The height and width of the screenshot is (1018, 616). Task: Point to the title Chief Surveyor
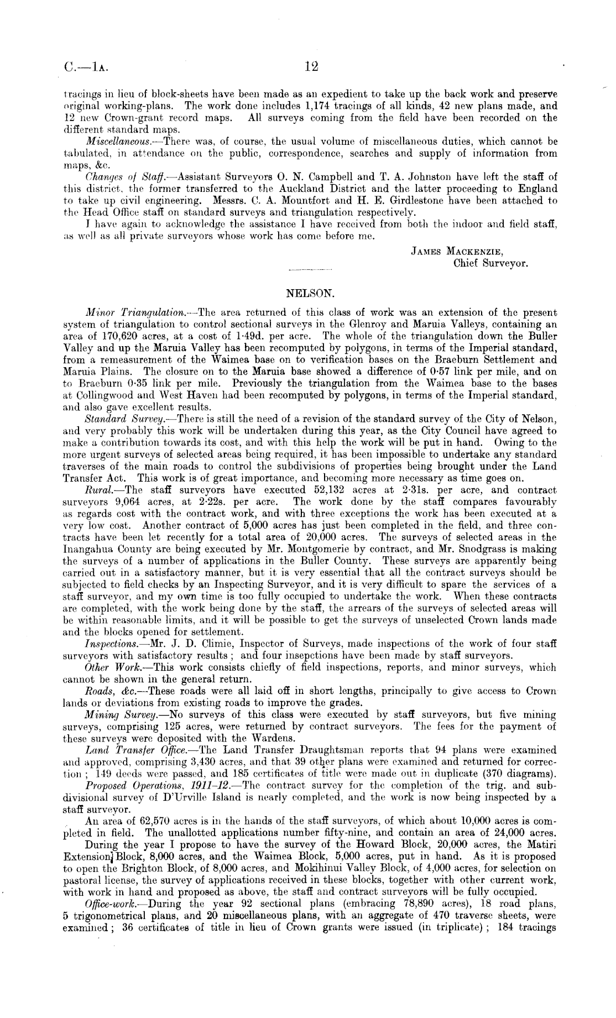[490, 263]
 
